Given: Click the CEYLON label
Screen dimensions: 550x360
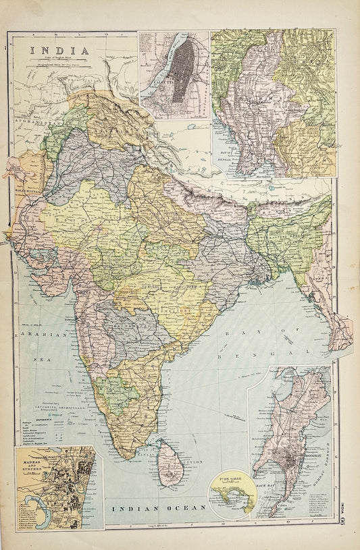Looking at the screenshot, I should tap(193, 460).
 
